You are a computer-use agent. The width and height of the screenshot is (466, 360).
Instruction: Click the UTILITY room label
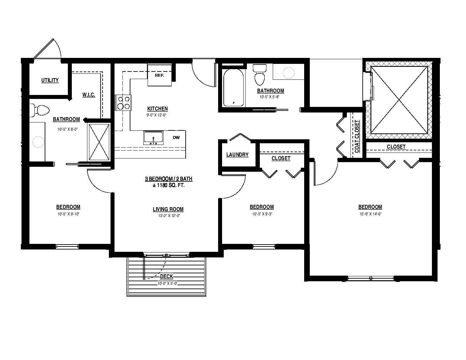(50, 80)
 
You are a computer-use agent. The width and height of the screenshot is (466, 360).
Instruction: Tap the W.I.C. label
(89, 95)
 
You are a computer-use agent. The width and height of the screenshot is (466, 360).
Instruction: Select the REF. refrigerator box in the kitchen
(160, 75)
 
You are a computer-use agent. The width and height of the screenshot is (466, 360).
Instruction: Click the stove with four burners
(123, 103)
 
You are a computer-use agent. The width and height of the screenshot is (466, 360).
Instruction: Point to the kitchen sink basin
(153, 138)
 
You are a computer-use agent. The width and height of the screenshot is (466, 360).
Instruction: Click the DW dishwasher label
(176, 138)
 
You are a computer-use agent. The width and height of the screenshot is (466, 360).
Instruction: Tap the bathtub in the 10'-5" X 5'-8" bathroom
(234, 87)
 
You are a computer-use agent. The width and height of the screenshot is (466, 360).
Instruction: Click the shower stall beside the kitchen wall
(99, 142)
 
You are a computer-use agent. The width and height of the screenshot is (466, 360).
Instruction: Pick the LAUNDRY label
(237, 155)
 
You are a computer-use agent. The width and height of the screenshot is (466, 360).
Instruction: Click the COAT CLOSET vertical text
(357, 136)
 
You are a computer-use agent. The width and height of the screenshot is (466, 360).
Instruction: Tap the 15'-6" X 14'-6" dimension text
(371, 214)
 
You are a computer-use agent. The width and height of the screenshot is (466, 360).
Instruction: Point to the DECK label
(166, 277)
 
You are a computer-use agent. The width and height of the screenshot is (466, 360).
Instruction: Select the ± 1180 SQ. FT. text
(168, 185)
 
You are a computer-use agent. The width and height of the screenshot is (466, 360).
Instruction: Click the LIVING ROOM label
(168, 209)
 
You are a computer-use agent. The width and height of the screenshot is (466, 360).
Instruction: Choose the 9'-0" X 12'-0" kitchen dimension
(157, 115)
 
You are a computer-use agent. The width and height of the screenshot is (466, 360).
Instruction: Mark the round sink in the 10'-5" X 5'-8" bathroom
(288, 73)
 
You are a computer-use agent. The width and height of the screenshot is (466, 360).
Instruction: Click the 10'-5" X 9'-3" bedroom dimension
(262, 214)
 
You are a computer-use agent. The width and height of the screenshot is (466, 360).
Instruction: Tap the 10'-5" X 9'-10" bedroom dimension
(69, 214)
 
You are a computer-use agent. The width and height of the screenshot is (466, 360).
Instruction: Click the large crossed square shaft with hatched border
(399, 100)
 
